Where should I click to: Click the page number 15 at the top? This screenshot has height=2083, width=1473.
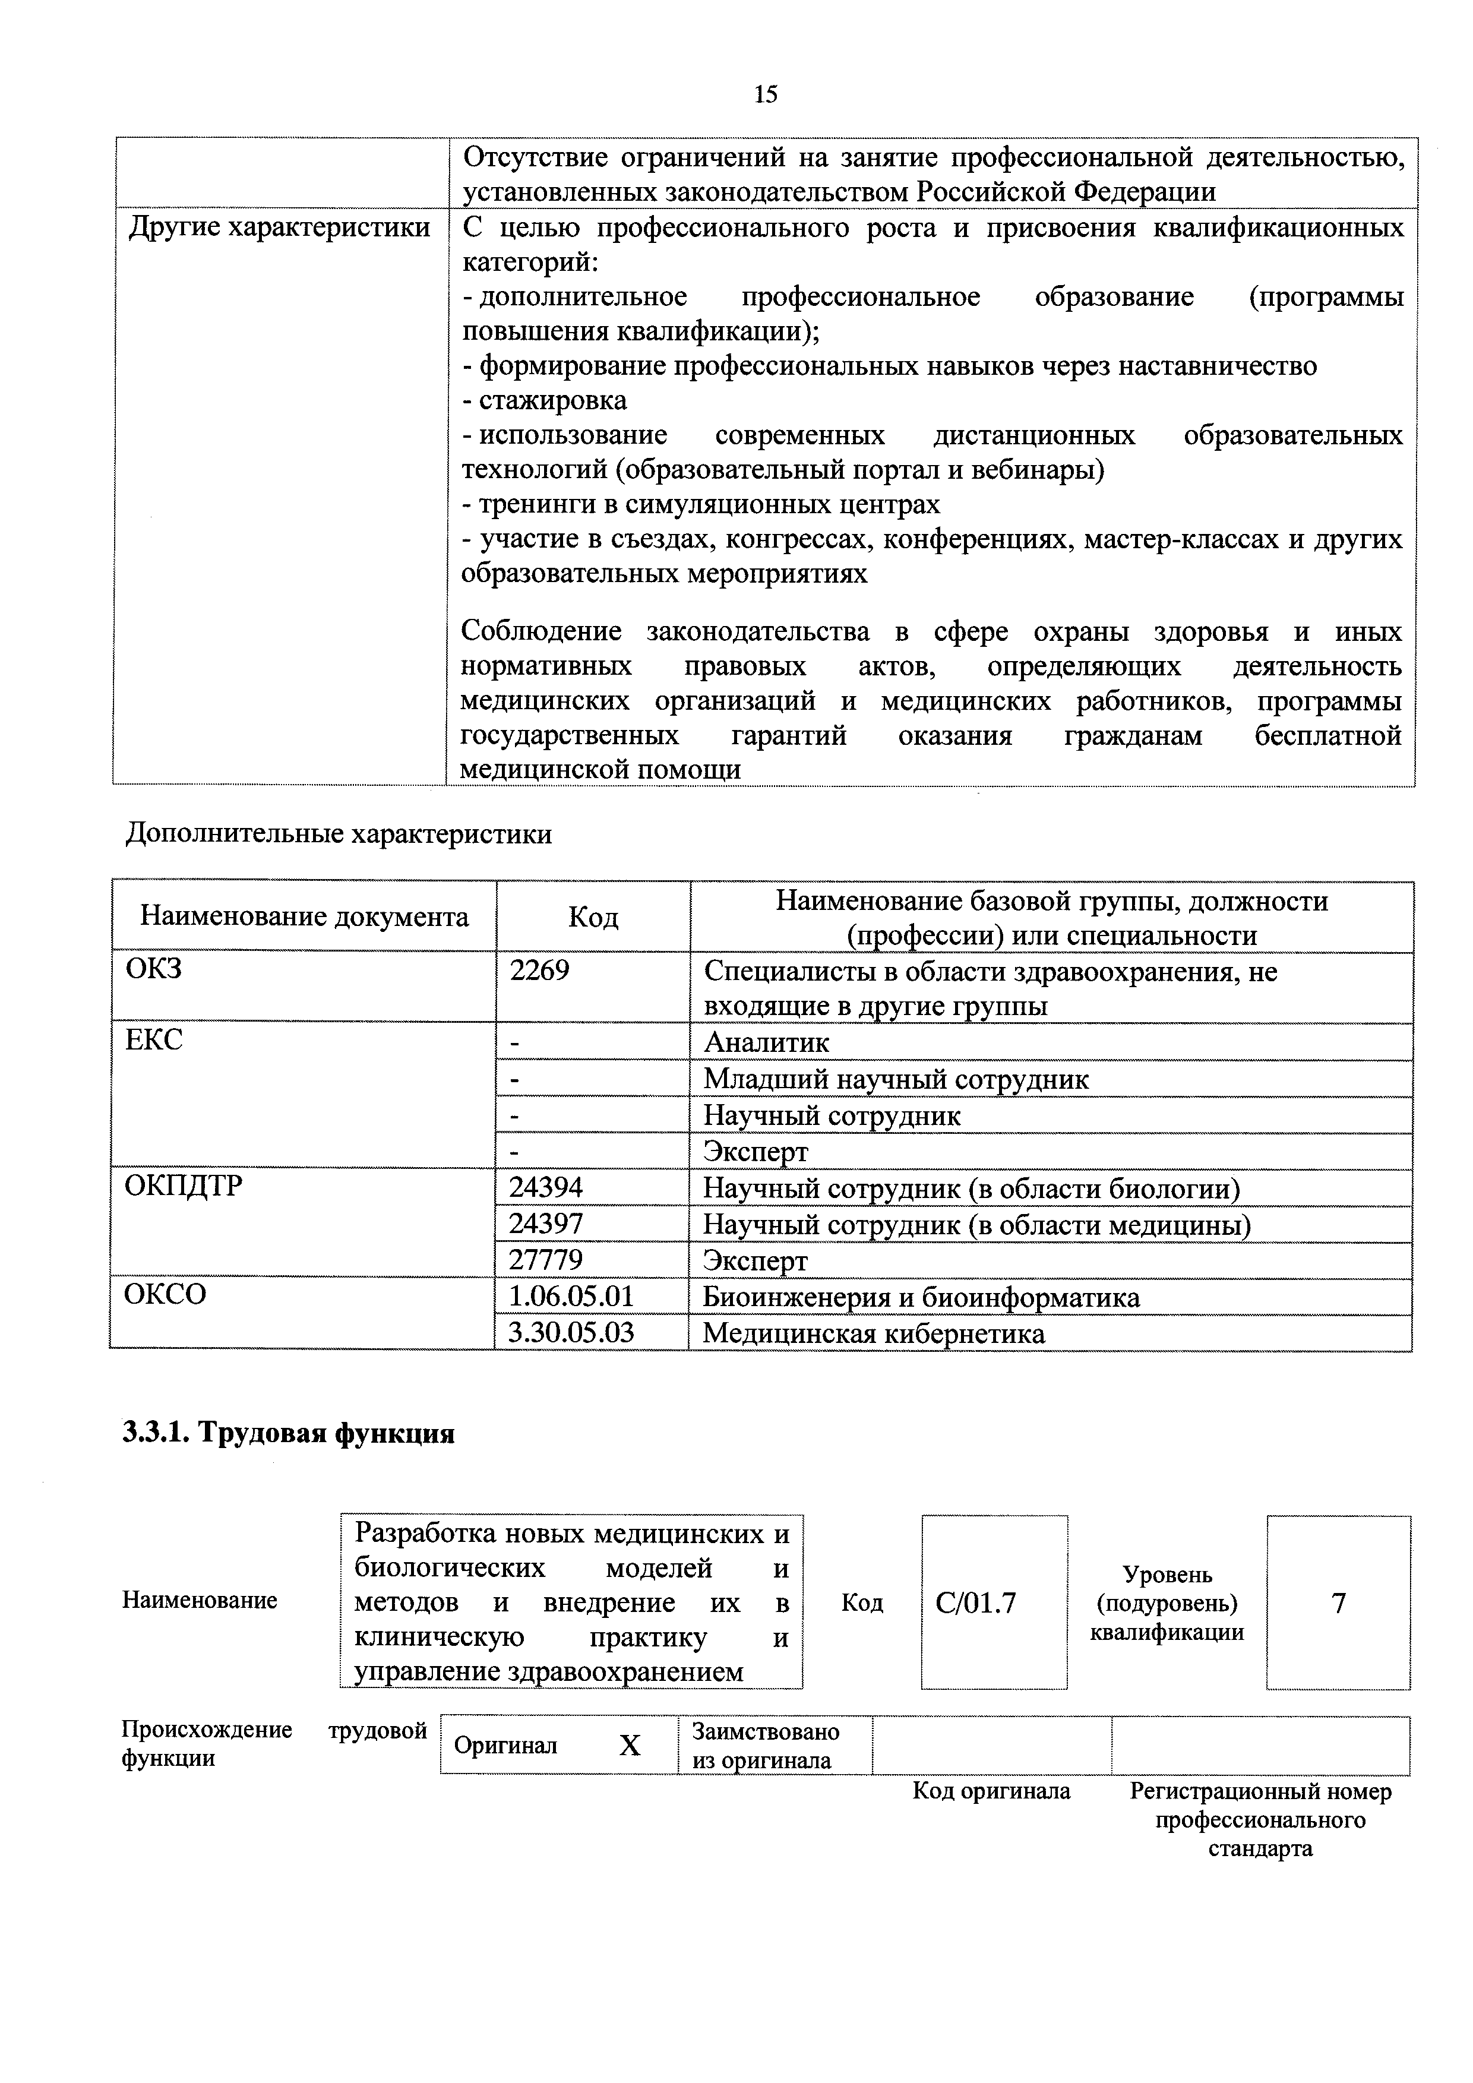[x=766, y=94]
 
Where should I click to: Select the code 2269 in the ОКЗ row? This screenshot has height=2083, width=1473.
[x=540, y=971]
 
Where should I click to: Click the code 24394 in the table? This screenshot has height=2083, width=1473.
[x=546, y=1187]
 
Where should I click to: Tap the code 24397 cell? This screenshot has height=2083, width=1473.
[x=546, y=1224]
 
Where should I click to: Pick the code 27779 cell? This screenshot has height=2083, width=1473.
[x=546, y=1260]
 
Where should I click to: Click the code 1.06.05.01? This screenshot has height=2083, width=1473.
[x=571, y=1297]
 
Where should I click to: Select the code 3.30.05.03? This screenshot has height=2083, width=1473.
[x=571, y=1333]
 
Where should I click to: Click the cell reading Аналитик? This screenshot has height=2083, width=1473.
[x=766, y=1042]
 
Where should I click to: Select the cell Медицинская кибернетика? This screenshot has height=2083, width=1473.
[x=874, y=1333]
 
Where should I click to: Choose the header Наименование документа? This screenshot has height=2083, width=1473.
[x=305, y=916]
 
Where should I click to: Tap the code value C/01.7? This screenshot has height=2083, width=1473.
[x=976, y=1604]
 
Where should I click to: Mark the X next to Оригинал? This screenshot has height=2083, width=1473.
[x=630, y=1746]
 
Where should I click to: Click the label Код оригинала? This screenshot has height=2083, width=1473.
[x=991, y=1791]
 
